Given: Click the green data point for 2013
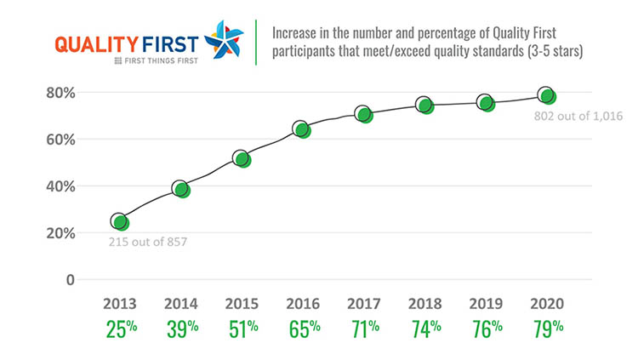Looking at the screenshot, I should pyautogui.click(x=121, y=223).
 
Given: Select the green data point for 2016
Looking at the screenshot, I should pyautogui.click(x=303, y=130).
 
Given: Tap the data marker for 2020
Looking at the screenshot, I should pyautogui.click(x=548, y=96).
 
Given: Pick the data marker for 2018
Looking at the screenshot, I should pyautogui.click(x=426, y=106).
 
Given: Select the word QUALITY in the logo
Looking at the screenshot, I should pyautogui.click(x=90, y=43).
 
